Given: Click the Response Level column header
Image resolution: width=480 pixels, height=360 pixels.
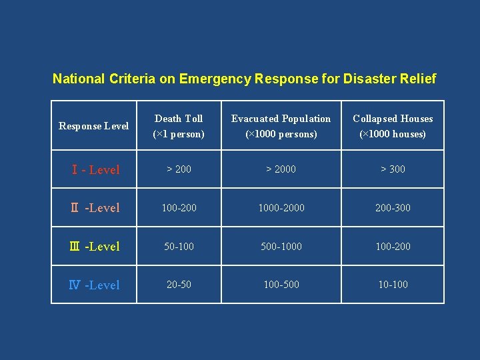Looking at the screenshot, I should (x=94, y=126).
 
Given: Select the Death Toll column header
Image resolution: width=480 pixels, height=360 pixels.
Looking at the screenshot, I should (x=179, y=126).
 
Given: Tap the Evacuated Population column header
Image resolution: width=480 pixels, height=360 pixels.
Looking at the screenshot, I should (x=281, y=126).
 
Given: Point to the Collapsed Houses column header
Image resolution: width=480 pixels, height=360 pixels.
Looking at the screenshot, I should (x=393, y=126).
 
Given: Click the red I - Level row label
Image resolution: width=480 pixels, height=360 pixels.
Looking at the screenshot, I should (x=95, y=170).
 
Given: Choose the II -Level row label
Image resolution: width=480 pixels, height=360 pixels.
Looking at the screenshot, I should (x=95, y=208).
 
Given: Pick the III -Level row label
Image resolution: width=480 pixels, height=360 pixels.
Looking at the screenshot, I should (x=95, y=247).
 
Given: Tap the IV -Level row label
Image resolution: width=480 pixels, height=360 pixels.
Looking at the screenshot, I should (x=95, y=285).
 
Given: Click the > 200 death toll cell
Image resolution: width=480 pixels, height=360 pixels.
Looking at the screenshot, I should (x=179, y=169).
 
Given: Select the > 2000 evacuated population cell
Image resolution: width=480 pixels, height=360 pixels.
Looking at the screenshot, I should (x=281, y=169).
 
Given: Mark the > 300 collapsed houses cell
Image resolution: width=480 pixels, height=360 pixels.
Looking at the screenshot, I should (x=393, y=169).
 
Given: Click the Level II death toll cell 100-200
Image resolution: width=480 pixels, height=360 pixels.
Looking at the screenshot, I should (x=179, y=208).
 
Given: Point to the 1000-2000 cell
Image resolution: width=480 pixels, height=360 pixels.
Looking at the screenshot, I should (x=281, y=208).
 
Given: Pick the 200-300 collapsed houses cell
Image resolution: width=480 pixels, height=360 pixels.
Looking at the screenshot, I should (x=393, y=208).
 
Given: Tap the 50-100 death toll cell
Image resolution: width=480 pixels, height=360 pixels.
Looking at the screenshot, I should (x=179, y=247).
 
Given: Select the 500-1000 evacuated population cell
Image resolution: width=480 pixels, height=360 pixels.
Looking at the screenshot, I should (x=281, y=247).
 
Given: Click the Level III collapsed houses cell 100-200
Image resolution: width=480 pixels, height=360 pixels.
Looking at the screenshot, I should (x=393, y=247).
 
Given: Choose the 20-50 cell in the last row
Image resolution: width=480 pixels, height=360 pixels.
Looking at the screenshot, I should (x=179, y=285).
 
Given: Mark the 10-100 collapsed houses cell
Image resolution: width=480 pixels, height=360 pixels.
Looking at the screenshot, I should (x=393, y=285).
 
